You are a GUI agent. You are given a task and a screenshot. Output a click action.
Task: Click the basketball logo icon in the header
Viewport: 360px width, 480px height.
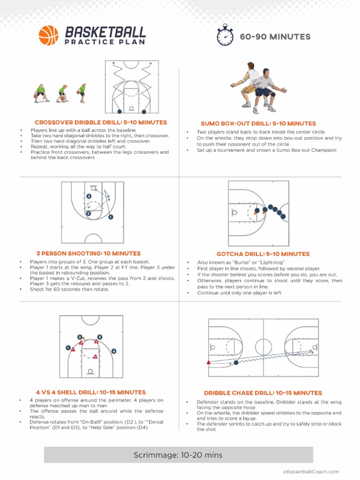(x=48, y=35)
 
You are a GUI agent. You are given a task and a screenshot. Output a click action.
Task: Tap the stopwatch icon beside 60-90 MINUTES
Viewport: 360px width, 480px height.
(x=225, y=36)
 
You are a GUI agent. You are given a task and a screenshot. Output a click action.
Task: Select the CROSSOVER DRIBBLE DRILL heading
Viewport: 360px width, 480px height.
(x=101, y=122)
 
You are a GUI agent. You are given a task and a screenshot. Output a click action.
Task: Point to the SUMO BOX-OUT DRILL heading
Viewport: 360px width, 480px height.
(x=258, y=123)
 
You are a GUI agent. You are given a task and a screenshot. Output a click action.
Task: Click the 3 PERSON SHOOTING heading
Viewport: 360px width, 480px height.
(x=88, y=253)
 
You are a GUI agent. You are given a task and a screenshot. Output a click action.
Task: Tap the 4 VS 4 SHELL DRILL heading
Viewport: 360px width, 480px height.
(x=91, y=392)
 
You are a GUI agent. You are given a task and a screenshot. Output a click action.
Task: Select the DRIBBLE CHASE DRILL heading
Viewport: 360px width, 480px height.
(x=263, y=393)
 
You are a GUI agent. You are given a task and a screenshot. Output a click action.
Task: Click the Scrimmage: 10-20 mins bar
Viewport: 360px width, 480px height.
(x=178, y=455)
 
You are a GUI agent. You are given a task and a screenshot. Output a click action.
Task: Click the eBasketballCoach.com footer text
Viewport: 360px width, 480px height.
(x=311, y=472)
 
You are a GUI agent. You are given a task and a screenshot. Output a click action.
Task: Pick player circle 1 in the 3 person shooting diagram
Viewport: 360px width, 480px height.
(x=111, y=217)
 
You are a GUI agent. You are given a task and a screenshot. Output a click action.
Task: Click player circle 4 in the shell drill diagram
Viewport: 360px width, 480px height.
(x=114, y=351)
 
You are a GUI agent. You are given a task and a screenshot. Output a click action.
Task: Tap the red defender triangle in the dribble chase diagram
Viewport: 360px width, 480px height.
(x=209, y=362)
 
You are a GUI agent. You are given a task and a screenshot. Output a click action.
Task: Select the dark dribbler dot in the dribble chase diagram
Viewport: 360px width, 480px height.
(x=236, y=362)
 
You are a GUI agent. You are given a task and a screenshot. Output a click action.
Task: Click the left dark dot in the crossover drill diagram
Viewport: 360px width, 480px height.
(x=120, y=112)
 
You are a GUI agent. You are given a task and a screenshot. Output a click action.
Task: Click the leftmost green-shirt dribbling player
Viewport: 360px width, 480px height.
(x=41, y=93)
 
